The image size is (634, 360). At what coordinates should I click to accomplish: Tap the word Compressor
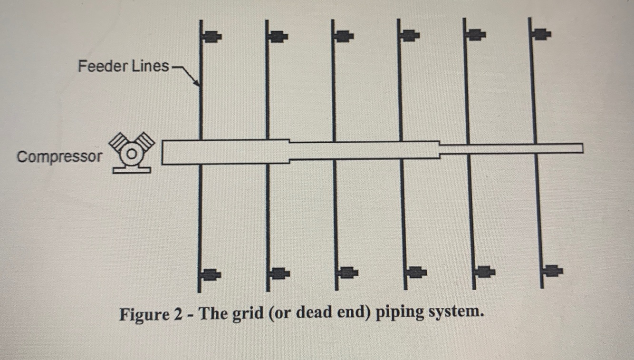pyautogui.click(x=59, y=156)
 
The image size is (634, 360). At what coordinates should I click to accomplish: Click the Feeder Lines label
pyautogui.click(x=123, y=66)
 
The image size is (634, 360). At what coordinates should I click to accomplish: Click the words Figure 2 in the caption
pyautogui.click(x=150, y=314)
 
